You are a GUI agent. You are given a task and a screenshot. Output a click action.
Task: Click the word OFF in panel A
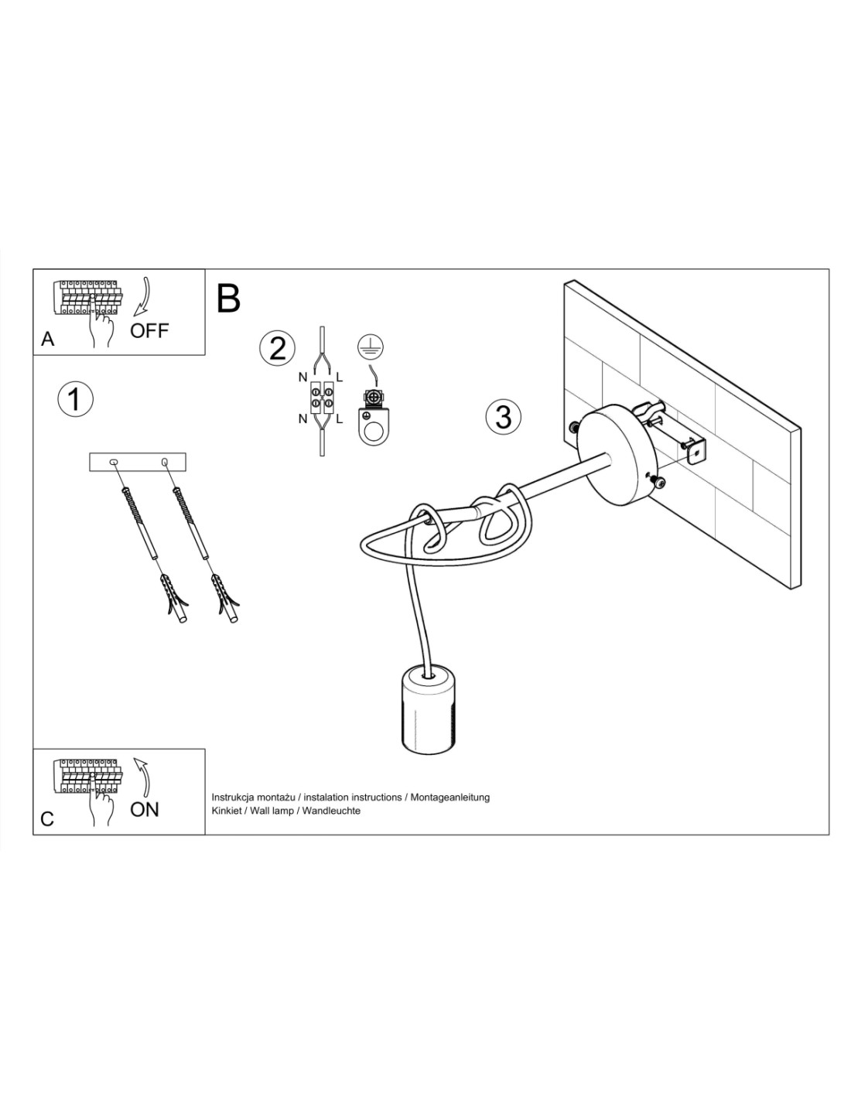point(149,330)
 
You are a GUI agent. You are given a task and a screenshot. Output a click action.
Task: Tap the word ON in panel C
point(144,809)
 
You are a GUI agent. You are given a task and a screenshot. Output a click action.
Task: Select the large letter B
point(227,299)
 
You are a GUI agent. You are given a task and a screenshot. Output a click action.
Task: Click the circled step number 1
point(76,399)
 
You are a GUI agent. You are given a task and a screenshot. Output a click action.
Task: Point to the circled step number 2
point(277,348)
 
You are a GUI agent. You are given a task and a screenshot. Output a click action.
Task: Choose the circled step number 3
point(503,417)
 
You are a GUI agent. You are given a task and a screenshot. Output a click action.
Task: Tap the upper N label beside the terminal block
point(302,377)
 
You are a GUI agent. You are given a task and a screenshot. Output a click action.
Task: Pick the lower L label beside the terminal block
point(339,419)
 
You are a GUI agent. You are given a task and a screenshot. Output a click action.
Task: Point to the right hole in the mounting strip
point(164,462)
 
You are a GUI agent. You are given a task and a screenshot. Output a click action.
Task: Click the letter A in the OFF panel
point(48,339)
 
